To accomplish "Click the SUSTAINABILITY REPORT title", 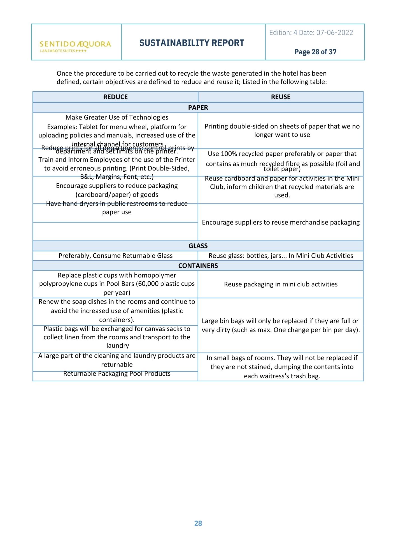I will tap(192, 43).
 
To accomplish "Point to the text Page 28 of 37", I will tap(315, 52).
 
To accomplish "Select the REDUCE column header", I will tap(115, 97).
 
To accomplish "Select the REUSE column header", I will tap(281, 97).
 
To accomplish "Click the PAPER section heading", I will tap(198, 108).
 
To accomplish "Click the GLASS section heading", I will tap(198, 246).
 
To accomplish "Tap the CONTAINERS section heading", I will tap(198, 266).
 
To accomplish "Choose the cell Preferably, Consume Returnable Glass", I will tap(115, 256).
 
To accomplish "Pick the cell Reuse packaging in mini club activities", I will tap(281, 284).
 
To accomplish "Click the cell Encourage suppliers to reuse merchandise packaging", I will tap(281, 222).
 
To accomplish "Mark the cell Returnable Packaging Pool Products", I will tap(117, 374).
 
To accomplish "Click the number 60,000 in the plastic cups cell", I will tap(148, 284).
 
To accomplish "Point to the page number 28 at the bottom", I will tap(198, 523).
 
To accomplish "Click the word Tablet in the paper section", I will tap(89, 127).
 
